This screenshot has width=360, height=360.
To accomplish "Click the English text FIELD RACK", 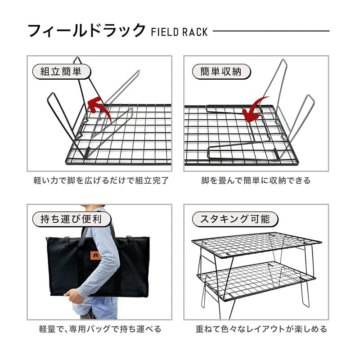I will [180, 32].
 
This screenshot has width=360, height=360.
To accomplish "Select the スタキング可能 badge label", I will [235, 220].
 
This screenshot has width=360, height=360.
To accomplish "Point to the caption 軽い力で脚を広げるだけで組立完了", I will [101, 180].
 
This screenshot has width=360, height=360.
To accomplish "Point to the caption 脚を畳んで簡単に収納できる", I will [256, 180].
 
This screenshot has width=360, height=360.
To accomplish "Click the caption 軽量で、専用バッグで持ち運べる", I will [100, 329].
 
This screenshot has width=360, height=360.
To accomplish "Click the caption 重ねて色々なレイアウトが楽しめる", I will [261, 329].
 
